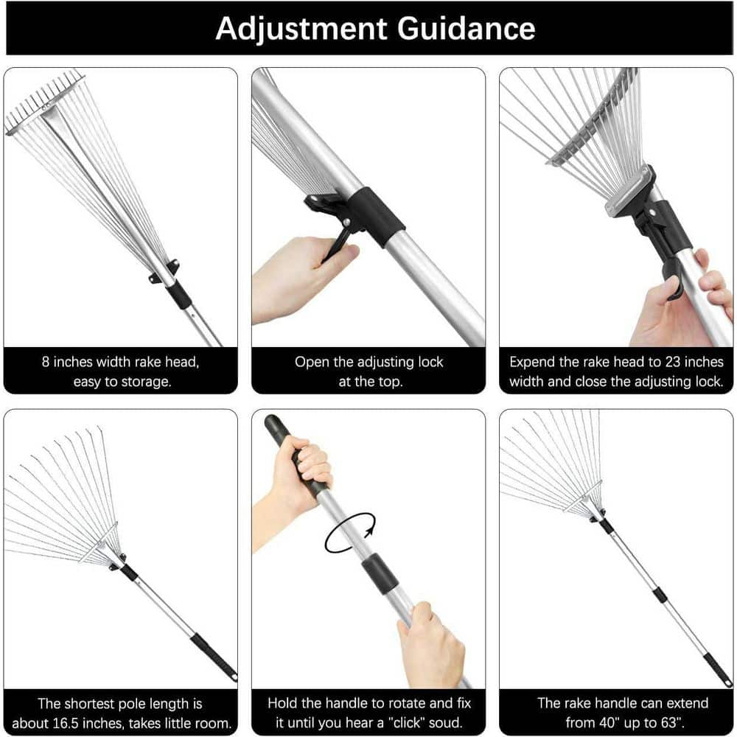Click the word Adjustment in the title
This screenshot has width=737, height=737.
tap(301, 28)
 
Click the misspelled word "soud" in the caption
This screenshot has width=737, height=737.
tap(444, 723)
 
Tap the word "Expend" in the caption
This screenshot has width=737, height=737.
tap(531, 362)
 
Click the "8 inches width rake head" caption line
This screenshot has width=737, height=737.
tap(120, 362)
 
